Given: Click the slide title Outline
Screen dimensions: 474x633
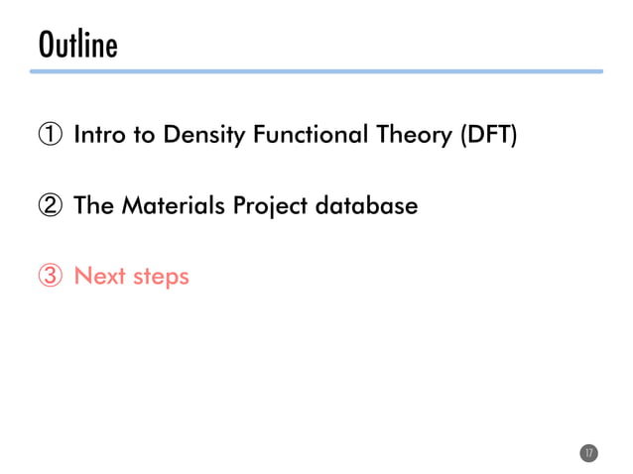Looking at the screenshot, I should pyautogui.click(x=77, y=45).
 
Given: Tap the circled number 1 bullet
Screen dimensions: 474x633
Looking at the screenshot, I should pyautogui.click(x=52, y=135).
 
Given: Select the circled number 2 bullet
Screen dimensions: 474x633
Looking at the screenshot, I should pyautogui.click(x=52, y=206).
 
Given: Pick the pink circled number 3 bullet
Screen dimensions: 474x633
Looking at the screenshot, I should pyautogui.click(x=52, y=276).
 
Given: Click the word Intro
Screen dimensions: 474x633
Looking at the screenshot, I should pyautogui.click(x=99, y=135).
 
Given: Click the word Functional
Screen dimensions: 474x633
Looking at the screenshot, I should pyautogui.click(x=308, y=135).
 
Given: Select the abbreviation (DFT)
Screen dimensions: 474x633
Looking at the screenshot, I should pyautogui.click(x=486, y=135).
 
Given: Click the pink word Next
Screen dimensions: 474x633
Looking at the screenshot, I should pyautogui.click(x=98, y=276).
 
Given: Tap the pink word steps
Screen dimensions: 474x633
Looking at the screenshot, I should pyautogui.click(x=161, y=277).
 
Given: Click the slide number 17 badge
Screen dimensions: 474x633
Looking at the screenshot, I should pyautogui.click(x=588, y=452).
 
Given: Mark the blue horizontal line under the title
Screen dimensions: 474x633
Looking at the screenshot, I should pyautogui.click(x=316, y=71).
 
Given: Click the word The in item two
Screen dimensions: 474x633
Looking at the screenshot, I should pyautogui.click(x=93, y=206).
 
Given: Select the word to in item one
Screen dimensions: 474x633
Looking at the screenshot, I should pyautogui.click(x=143, y=136).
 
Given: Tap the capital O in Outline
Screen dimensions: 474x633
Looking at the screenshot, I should pyautogui.click(x=46, y=45).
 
